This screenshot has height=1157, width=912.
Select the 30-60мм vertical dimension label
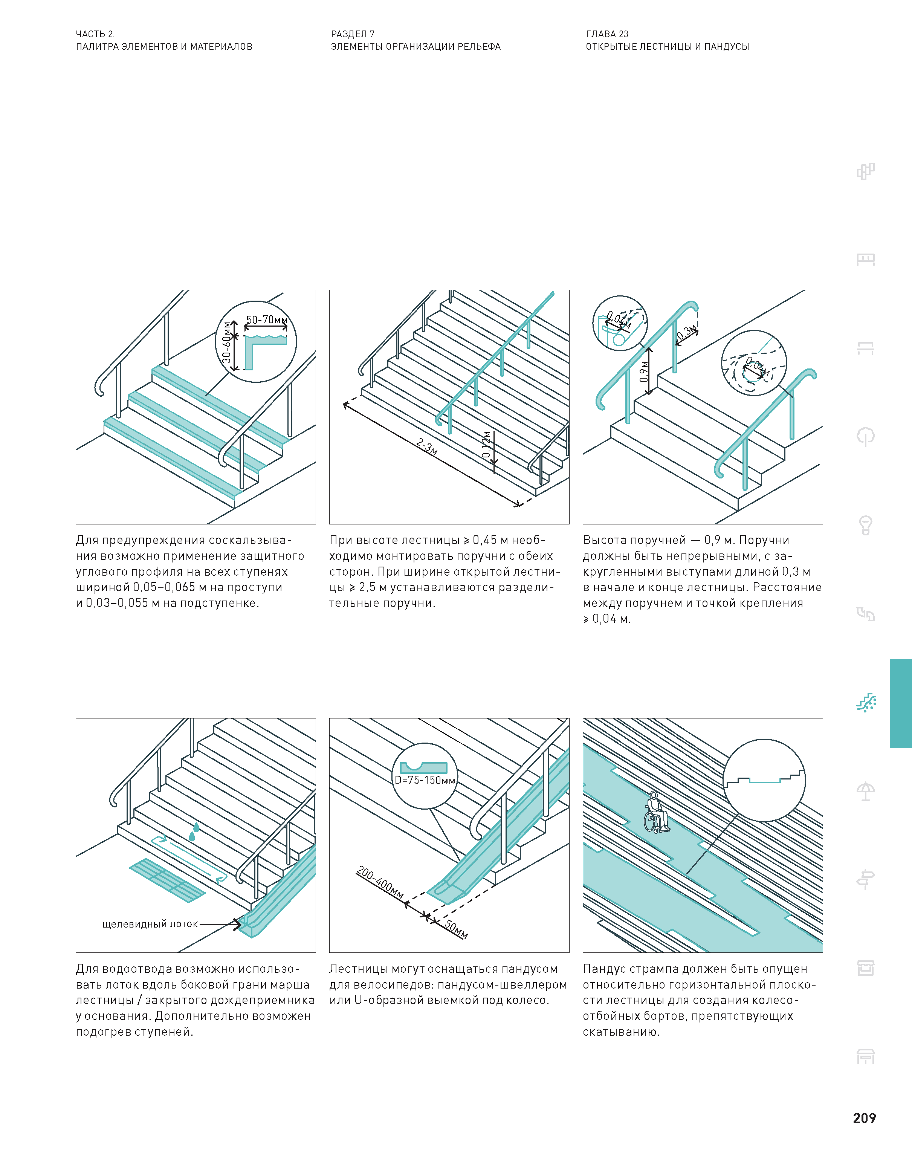coord(228,342)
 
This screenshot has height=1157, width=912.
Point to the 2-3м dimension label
coord(427,446)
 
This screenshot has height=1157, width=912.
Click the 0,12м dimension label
coord(486,445)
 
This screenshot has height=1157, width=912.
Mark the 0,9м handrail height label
coord(644,371)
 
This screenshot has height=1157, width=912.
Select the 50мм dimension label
coord(457,929)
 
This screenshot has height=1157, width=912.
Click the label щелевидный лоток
coord(150,924)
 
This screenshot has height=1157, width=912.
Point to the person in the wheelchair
coord(656,813)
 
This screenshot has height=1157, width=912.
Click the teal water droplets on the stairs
coord(194,831)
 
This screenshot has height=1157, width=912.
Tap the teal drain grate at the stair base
coord(167,880)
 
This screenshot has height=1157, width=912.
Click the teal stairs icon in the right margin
coord(866,703)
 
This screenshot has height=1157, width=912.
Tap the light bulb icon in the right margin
coord(866,525)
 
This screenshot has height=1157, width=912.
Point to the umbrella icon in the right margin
coord(866,791)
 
